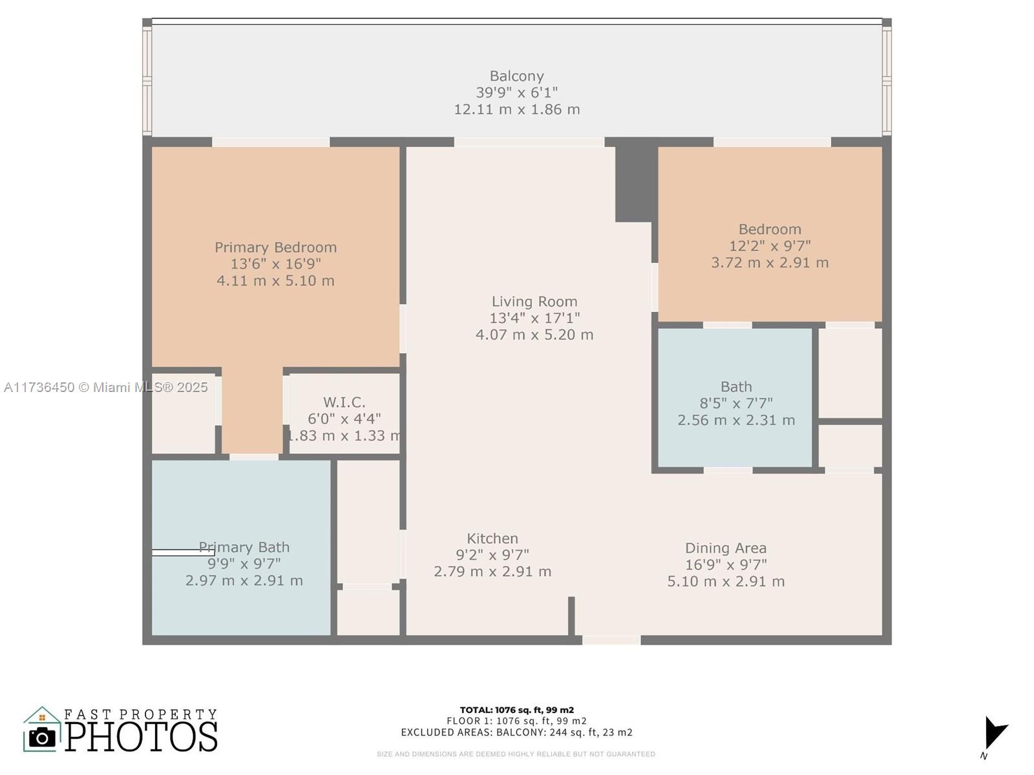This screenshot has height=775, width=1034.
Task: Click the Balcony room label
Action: pos(516,76)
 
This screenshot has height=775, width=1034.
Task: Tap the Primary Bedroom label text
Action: pos(275,247)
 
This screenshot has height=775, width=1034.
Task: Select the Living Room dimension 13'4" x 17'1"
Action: pos(534,318)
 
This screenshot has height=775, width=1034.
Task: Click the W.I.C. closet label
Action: pos(344,402)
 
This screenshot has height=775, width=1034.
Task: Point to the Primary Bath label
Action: pos(244,548)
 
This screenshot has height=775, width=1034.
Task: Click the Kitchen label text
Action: pos(492,539)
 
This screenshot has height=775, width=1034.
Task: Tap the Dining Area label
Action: pos(726,548)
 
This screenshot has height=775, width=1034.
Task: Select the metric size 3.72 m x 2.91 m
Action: pos(770,263)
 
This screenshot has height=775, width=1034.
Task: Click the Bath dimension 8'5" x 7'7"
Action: pos(736,404)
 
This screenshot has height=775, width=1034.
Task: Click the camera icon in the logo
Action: pos(42,737)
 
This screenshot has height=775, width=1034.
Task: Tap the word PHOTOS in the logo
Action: pos(142,737)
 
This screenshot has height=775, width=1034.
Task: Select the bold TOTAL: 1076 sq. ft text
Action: pos(516,710)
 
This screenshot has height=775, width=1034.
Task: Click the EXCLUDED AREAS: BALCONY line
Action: pos(516,732)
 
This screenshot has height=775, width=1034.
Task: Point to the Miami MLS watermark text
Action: pos(106,387)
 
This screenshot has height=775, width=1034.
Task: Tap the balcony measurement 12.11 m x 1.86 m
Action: pos(516,110)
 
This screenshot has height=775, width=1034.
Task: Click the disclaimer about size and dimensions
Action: pos(516,754)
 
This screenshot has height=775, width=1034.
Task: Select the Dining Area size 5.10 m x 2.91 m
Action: pos(726,582)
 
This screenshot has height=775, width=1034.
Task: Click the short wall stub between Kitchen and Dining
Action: pos(571,616)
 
